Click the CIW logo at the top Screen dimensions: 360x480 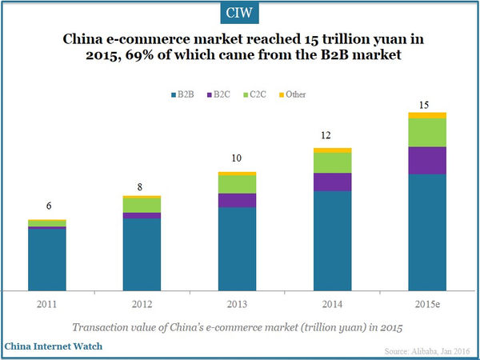pyautogui.click(x=239, y=13)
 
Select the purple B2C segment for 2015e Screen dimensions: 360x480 pyautogui.click(x=427, y=160)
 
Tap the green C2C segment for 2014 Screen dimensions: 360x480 pyautogui.click(x=333, y=162)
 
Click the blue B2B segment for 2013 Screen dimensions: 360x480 pyautogui.click(x=237, y=248)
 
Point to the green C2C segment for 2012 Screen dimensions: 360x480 pyautogui.click(x=142, y=205)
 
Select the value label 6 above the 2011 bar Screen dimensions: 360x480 pyautogui.click(x=48, y=206)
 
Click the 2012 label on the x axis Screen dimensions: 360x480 pyautogui.click(x=142, y=305)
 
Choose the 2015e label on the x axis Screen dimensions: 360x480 pyautogui.click(x=427, y=305)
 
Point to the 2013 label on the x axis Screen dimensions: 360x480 pyautogui.click(x=237, y=305)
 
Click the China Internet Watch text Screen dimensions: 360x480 pyautogui.click(x=54, y=347)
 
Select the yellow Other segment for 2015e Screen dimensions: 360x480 pyautogui.click(x=427, y=115)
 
